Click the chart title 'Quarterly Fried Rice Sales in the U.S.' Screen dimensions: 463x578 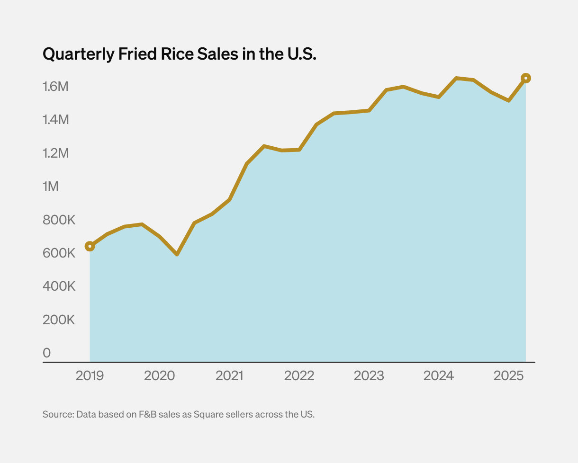[179, 54]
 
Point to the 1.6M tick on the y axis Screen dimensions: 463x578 [56, 87]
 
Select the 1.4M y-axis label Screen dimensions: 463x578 [56, 120]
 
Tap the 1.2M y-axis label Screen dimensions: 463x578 [56, 153]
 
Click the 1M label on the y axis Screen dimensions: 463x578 [51, 187]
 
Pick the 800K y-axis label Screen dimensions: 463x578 [59, 220]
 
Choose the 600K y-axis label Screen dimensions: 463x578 [59, 253]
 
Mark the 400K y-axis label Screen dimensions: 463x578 [59, 286]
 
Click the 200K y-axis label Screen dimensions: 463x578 [59, 320]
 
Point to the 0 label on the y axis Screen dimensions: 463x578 [46, 353]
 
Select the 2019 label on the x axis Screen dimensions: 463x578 [90, 376]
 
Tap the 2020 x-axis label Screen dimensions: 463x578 [159, 376]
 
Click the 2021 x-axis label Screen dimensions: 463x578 [229, 376]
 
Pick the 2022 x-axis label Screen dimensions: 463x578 [299, 376]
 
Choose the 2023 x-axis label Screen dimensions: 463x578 [369, 376]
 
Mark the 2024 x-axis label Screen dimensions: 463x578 [438, 376]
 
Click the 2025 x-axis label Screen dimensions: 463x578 [508, 376]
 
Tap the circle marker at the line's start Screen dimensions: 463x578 [90, 246]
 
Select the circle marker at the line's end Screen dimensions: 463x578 [525, 78]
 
